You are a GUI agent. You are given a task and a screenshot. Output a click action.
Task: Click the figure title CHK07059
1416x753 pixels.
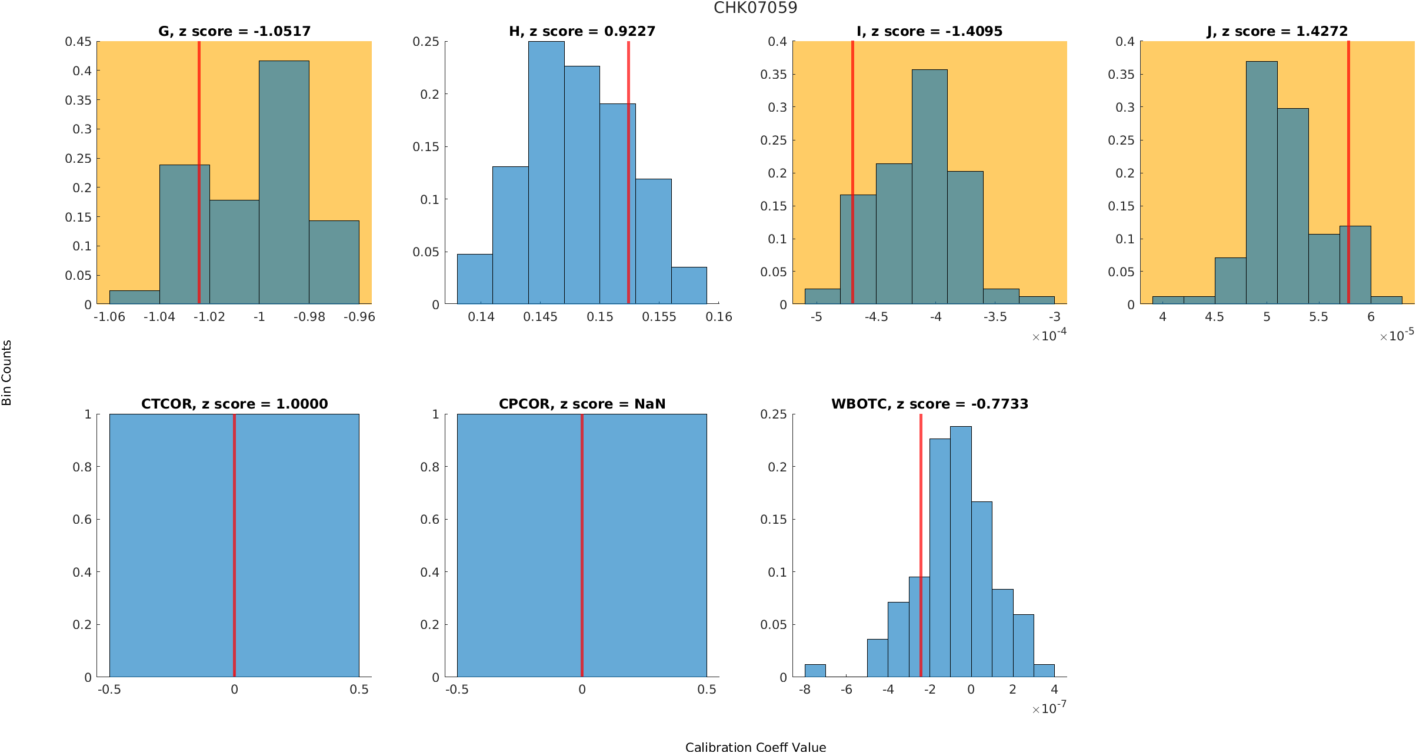point(755,8)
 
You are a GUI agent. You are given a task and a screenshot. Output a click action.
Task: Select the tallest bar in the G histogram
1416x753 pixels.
point(284,182)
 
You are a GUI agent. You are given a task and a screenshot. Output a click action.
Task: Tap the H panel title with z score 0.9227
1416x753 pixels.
point(582,31)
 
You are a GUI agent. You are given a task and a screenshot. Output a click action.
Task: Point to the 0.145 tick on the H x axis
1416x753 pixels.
point(541,317)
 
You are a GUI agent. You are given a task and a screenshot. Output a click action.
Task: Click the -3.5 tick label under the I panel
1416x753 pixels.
point(995,317)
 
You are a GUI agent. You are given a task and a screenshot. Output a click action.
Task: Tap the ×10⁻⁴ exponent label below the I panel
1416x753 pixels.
point(1049,336)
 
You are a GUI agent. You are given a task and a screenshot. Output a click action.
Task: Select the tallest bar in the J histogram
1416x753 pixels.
point(1261,182)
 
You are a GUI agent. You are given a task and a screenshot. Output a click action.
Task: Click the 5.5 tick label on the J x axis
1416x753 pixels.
point(1318,317)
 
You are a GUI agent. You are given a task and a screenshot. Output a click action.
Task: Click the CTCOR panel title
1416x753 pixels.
point(234,404)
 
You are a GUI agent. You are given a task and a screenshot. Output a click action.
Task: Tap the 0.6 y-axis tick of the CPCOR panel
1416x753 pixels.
point(431,520)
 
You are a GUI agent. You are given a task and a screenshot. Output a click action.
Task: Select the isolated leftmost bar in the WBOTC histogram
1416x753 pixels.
point(815,671)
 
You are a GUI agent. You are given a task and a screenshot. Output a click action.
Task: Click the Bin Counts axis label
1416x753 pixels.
point(7,373)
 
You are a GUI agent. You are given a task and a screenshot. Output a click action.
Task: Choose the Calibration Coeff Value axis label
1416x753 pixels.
point(755,747)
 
